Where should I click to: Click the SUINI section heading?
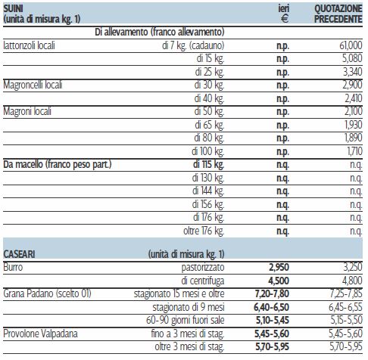13,8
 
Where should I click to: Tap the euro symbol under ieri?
285,18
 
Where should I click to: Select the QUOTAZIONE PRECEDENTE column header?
338,14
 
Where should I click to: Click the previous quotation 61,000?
351,45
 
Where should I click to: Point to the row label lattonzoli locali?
29,45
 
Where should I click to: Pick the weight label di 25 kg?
210,72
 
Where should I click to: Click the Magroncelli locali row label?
33,85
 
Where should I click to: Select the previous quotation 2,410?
354,98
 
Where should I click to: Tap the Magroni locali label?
27,111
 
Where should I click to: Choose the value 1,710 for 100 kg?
355,151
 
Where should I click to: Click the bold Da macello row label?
58,164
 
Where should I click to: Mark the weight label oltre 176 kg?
204,231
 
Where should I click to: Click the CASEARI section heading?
19,254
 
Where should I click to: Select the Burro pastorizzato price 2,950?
279,267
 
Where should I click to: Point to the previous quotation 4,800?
352,281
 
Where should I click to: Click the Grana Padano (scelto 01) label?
47,293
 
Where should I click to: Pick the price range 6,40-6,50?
272,307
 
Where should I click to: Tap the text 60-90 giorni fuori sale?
186,320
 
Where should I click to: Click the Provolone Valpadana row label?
40,334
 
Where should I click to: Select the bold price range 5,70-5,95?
272,346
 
